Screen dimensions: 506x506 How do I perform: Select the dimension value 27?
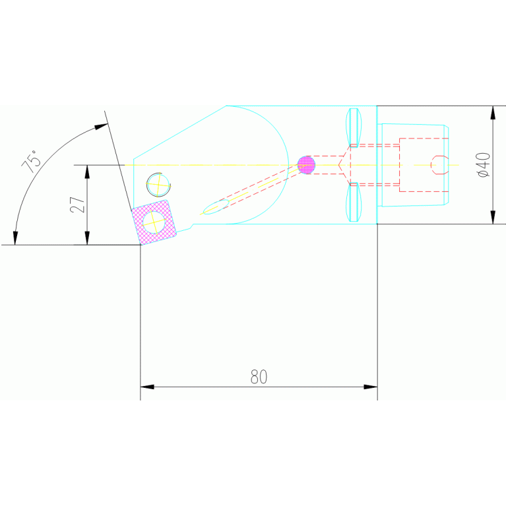(x=78, y=205)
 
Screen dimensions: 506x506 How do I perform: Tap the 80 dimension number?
(x=259, y=377)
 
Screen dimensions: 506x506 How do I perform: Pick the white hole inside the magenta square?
(x=154, y=221)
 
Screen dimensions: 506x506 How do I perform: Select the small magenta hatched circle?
(x=306, y=164)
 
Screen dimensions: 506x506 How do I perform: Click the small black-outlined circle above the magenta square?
(x=158, y=184)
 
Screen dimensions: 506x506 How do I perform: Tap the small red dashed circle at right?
(x=439, y=164)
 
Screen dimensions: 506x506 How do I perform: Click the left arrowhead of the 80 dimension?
(x=147, y=387)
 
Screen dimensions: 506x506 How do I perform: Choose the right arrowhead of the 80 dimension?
(x=370, y=387)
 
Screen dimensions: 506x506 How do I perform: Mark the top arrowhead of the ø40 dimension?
(x=493, y=112)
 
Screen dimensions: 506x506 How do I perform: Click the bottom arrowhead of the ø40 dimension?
(x=493, y=217)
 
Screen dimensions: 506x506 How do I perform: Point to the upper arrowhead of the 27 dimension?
(x=87, y=171)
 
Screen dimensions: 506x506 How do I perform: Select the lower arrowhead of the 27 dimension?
(x=87, y=238)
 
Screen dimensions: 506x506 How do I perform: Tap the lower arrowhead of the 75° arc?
(x=15, y=238)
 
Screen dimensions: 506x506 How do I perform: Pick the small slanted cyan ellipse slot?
(x=215, y=207)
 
